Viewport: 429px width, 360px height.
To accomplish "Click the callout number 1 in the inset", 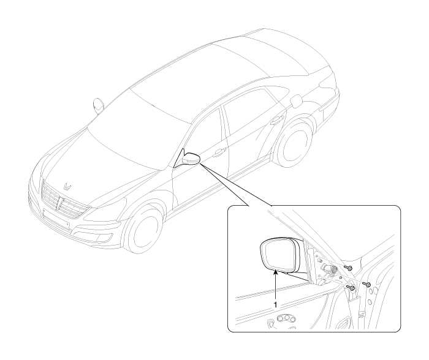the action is [x=276, y=304].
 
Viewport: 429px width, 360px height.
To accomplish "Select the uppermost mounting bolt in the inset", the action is [x=347, y=267].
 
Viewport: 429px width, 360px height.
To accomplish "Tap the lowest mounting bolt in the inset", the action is [x=351, y=287].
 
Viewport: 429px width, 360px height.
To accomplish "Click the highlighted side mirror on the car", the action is [x=191, y=159].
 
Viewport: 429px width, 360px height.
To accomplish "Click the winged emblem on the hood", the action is [x=67, y=187].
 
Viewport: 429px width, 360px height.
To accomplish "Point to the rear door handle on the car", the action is [x=278, y=119].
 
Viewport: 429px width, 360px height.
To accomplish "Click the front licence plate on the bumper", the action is [x=56, y=219].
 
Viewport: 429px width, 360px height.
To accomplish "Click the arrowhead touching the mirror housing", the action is [x=276, y=272].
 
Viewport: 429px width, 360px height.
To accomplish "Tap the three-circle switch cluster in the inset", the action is [x=286, y=318].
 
